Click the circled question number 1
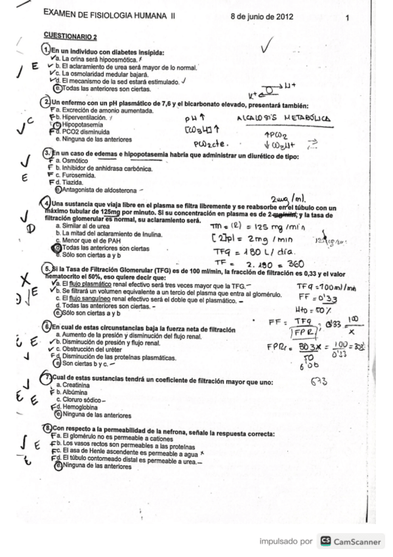46,51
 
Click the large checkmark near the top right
267,47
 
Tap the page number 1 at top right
346,18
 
